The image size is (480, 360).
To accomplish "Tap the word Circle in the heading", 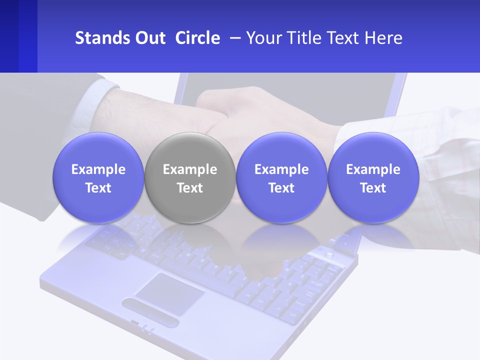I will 197,38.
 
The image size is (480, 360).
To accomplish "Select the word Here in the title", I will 384,38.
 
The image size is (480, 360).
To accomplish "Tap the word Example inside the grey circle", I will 190,169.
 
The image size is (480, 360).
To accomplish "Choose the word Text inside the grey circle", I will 190,188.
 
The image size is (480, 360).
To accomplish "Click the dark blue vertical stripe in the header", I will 28,36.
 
